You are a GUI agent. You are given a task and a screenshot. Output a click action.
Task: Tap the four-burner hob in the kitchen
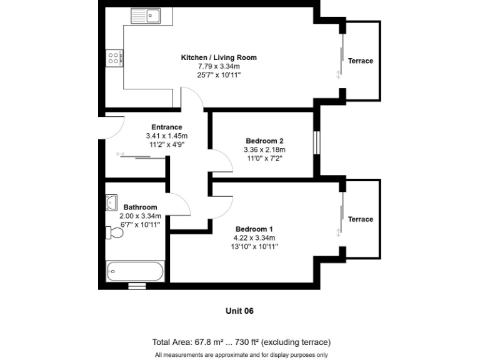coord(114,59)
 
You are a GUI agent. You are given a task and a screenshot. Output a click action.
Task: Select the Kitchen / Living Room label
coord(219,57)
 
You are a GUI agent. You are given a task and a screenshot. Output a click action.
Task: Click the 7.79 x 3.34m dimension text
coord(219,66)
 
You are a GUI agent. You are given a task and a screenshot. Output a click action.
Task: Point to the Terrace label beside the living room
coord(361,61)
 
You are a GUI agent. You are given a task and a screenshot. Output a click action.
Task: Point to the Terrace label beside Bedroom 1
coord(361,219)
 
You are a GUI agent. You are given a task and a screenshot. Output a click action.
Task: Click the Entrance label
coord(167,127)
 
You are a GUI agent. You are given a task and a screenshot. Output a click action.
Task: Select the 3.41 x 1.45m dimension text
coord(166,136)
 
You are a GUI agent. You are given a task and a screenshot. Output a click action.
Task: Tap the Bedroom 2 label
coord(264,141)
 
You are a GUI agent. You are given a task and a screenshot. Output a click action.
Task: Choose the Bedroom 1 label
coord(254,229)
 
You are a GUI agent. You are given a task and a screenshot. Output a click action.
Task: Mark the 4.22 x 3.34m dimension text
coord(255,237)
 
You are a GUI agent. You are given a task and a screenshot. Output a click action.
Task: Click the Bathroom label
coord(140,207)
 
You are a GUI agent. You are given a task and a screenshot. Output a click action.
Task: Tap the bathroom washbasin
coord(111,202)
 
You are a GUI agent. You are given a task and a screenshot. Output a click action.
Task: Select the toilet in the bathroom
coord(114,233)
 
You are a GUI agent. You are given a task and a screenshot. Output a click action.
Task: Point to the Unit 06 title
coord(240,311)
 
